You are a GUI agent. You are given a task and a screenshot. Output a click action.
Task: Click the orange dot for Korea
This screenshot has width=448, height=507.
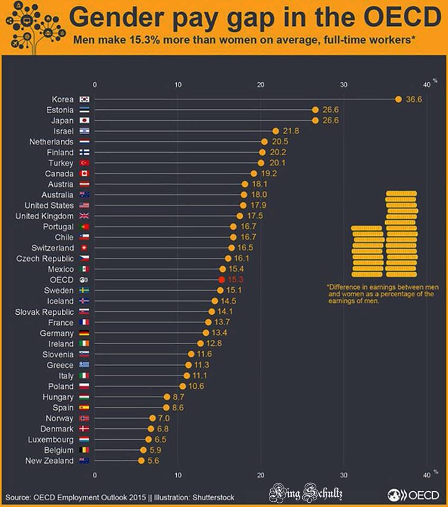(398, 99)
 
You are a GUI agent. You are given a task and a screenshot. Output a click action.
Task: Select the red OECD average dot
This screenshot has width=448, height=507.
(221, 279)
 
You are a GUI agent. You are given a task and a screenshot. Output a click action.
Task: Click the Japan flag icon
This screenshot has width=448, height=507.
(84, 120)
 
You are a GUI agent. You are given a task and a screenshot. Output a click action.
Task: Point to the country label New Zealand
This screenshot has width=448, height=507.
(50, 461)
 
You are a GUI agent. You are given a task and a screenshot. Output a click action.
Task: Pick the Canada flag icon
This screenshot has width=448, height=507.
(84, 173)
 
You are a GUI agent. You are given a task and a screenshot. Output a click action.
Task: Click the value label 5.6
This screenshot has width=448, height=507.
(153, 461)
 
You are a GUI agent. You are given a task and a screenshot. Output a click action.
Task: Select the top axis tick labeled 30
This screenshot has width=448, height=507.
(344, 84)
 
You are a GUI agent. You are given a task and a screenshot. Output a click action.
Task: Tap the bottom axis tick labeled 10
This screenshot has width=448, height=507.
(178, 475)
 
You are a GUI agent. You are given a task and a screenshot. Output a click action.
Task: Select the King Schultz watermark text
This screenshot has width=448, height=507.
(306, 495)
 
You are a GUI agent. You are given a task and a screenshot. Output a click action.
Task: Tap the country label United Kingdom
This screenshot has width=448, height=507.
(44, 216)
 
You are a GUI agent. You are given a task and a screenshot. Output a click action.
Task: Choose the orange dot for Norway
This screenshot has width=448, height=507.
(152, 418)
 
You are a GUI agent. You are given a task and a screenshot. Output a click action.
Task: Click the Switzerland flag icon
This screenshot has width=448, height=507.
(84, 248)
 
